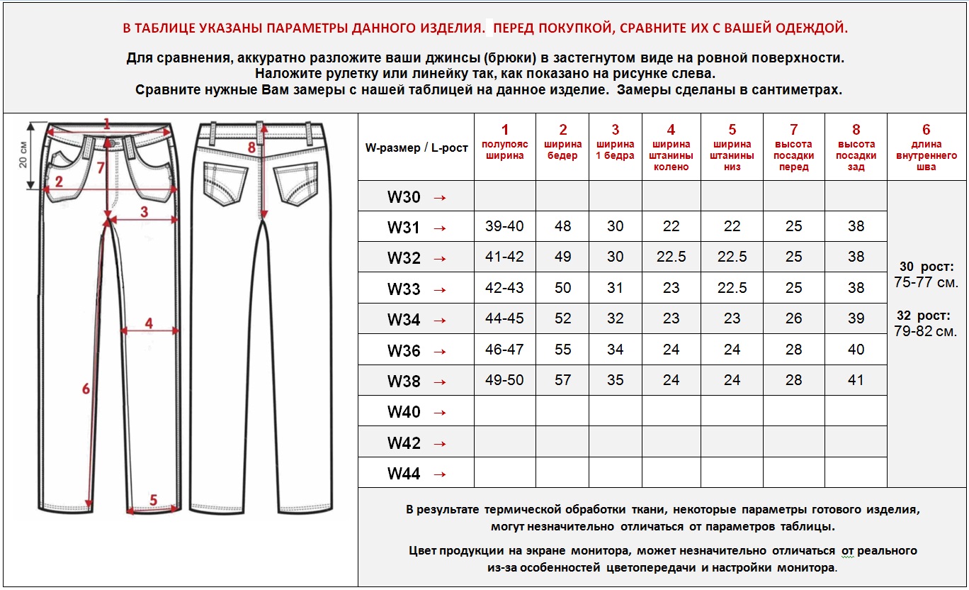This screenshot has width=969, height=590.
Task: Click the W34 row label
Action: point(404,320)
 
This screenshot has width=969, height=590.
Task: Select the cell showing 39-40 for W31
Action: point(504,226)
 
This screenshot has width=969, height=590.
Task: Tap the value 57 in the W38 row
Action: point(563,380)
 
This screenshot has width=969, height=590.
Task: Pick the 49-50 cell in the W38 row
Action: point(504,380)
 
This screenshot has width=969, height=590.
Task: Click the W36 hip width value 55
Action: point(563,350)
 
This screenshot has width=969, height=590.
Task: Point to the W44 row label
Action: point(404,474)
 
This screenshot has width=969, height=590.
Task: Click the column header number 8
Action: point(856,130)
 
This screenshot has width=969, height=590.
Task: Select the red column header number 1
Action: point(504,130)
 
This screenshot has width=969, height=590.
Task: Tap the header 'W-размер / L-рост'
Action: point(416,148)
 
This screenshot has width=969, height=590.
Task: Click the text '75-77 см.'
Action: point(926,282)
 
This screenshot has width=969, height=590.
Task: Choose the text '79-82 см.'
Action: point(926,331)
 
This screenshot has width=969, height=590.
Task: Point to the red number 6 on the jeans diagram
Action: point(86,389)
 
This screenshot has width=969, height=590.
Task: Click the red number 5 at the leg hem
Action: point(153,499)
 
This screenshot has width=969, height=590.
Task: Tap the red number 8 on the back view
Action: point(251,147)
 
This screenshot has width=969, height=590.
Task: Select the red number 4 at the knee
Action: point(149,323)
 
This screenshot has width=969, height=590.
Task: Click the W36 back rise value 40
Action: point(856,350)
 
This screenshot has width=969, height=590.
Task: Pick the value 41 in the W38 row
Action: point(856,380)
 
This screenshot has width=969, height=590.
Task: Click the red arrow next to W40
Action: point(439,413)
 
